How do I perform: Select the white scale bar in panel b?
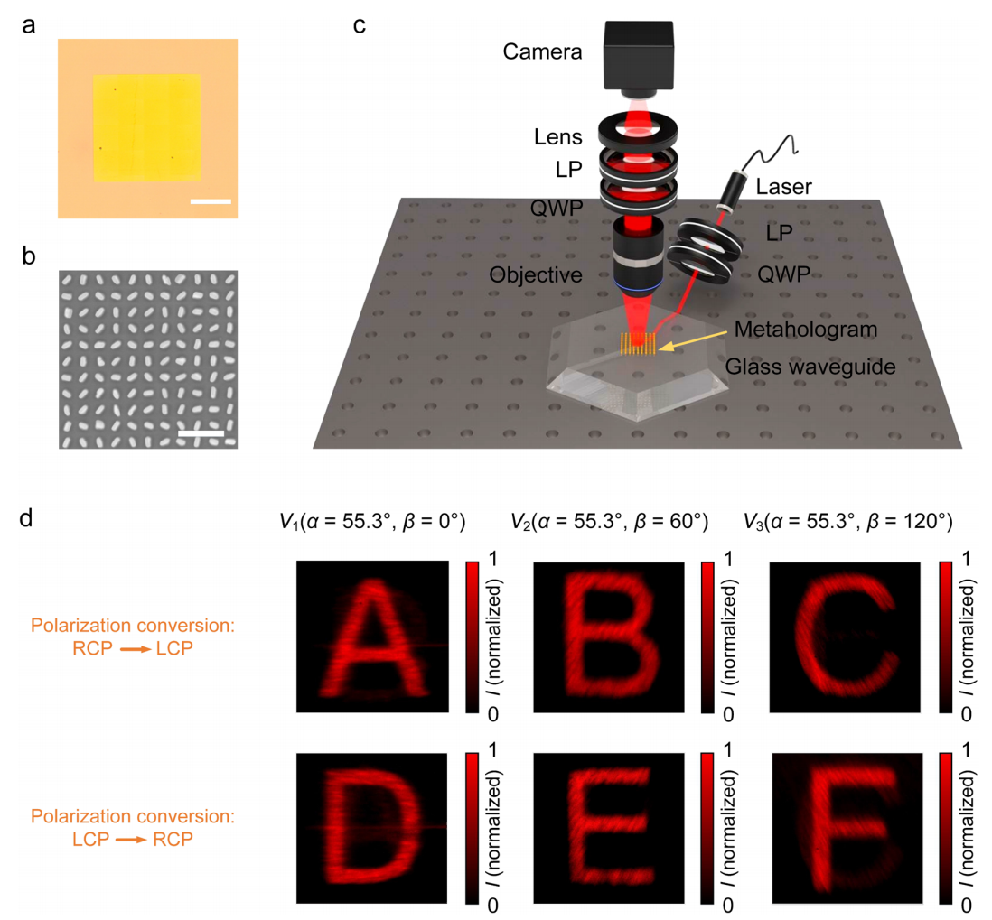(x=201, y=433)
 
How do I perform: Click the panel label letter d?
(x=29, y=520)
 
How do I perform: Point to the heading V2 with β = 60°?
(x=608, y=520)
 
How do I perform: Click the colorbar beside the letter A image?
(x=472, y=636)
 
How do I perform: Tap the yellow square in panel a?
(x=147, y=127)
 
